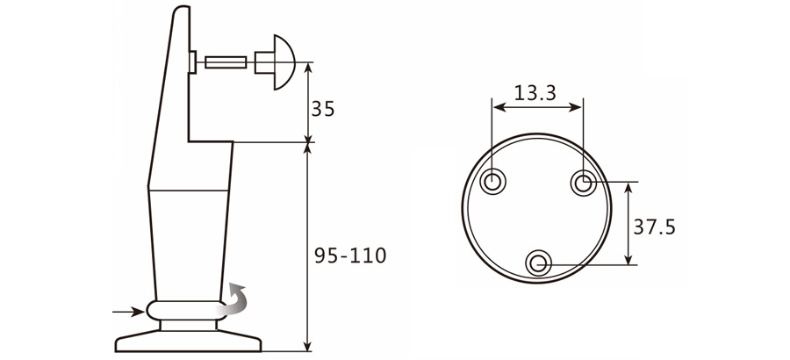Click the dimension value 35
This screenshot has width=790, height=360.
[x=323, y=109]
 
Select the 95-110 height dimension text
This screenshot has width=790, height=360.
[x=350, y=256]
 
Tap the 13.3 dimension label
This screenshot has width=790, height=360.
[x=535, y=92]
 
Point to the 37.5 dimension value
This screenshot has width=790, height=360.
[x=654, y=227]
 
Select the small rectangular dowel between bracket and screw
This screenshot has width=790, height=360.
[x=225, y=62]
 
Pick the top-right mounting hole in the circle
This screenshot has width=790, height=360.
[x=584, y=183]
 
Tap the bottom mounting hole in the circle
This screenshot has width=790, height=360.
[x=538, y=262]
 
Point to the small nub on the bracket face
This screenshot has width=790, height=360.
[x=192, y=62]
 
